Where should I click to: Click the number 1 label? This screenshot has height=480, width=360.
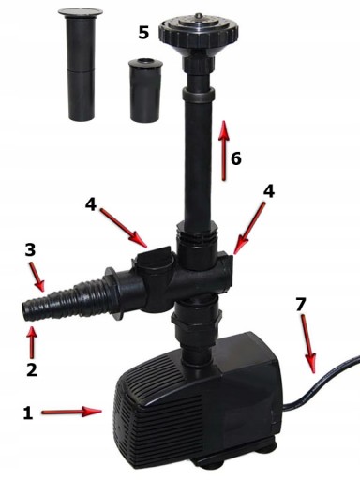tap(28, 413)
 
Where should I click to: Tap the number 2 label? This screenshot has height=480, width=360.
tap(32, 369)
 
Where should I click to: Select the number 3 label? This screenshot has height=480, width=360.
tap(30, 250)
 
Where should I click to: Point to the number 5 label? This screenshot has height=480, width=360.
tap(143, 33)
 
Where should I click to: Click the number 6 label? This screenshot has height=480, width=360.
tap(236, 158)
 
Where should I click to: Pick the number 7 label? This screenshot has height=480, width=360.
tap(300, 305)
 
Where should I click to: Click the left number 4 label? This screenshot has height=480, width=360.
tap(91, 204)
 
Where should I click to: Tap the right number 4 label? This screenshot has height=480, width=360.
tap(269, 191)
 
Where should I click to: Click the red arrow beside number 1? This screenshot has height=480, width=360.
tap(71, 412)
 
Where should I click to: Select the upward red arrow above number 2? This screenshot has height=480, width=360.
tap(32, 341)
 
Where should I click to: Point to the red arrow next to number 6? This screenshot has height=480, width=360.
tap(224, 150)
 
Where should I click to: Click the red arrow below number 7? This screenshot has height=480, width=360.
tap(308, 344)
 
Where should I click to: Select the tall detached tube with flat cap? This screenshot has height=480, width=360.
tap(81, 65)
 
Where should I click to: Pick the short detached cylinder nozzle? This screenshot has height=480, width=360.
tap(145, 90)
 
